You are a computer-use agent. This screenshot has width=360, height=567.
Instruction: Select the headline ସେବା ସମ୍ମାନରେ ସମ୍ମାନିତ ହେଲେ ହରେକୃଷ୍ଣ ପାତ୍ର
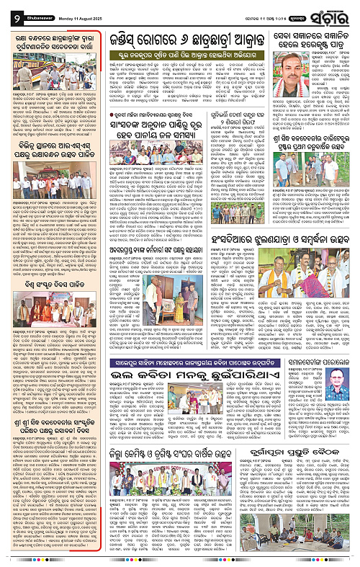coord(313,38)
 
